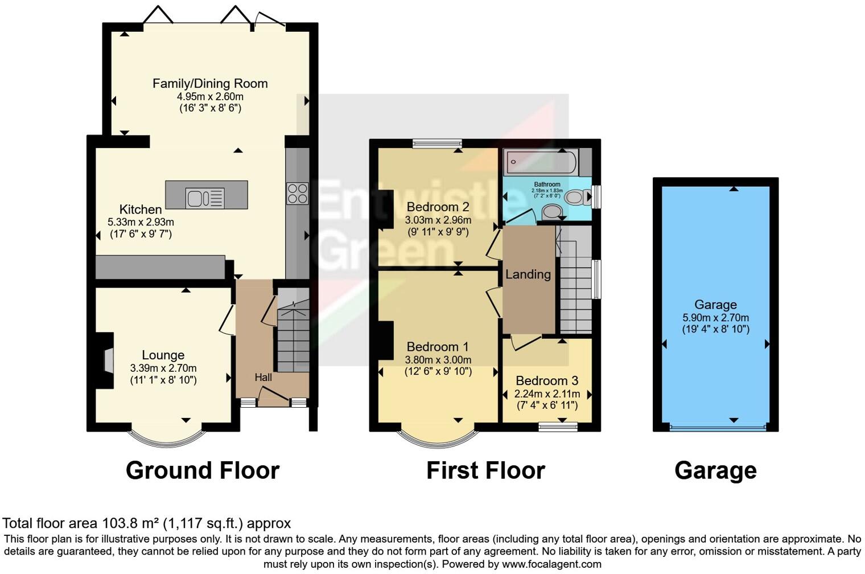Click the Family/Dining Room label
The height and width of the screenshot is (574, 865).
210,84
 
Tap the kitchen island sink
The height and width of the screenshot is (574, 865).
205,198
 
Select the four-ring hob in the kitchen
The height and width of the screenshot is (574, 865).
297,193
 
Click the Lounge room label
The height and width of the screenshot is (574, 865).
163,355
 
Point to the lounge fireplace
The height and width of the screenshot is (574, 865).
106,360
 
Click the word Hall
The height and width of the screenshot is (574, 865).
263,377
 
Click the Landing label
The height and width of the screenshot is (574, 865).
528,274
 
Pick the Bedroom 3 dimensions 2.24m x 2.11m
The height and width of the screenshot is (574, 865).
547,394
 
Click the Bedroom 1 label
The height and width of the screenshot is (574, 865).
438,347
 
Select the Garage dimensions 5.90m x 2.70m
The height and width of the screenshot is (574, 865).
715,318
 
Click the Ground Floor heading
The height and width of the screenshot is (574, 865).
203,471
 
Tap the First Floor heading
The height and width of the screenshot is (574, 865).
485,471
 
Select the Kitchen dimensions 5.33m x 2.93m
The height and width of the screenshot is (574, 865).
141,222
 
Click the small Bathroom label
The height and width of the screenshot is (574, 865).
547,184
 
